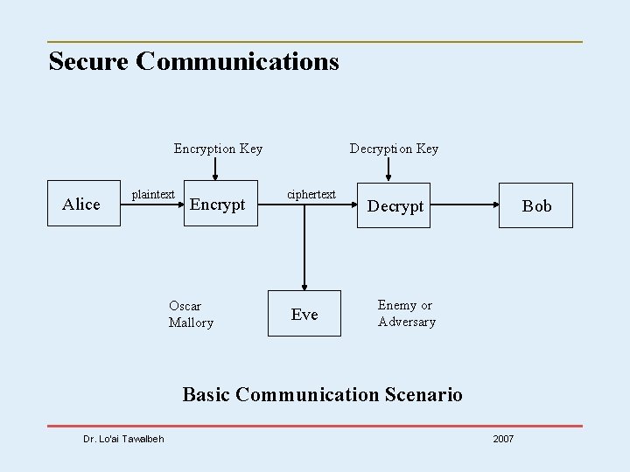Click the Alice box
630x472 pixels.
(x=82, y=205)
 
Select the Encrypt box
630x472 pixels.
(x=218, y=205)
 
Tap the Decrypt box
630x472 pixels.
(x=395, y=206)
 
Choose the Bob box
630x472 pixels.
(x=535, y=206)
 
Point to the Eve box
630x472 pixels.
(x=304, y=315)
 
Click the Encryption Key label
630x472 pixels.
(x=218, y=149)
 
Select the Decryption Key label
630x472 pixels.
(x=394, y=149)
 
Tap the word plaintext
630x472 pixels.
(x=153, y=194)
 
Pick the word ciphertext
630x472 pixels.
(x=311, y=194)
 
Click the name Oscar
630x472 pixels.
(x=185, y=306)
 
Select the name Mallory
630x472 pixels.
(x=191, y=323)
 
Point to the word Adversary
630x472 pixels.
(x=406, y=322)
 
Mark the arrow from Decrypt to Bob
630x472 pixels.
(x=464, y=205)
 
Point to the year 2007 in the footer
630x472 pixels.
(x=503, y=438)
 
